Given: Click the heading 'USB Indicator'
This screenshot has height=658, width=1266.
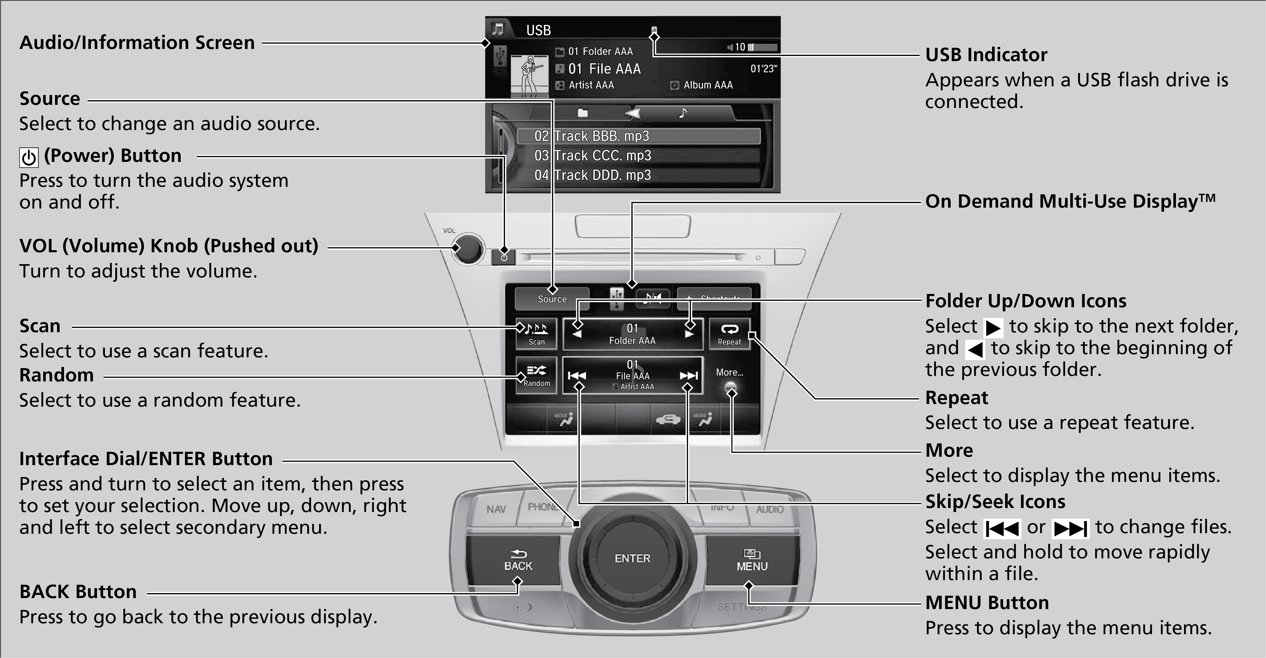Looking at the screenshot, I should pyautogui.click(x=986, y=54).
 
